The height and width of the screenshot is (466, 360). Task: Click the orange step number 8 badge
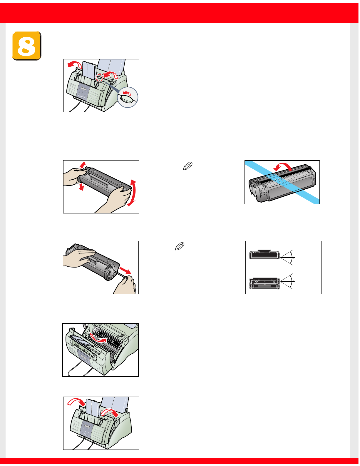coord(26,46)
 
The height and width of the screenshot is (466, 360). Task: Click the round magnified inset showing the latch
coord(128,97)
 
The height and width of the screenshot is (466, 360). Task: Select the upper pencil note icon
coord(187,166)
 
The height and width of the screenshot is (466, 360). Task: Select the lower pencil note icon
coord(180,246)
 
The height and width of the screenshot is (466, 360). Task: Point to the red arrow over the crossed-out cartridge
coord(283,167)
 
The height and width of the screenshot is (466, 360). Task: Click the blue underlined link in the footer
coord(58,463)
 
